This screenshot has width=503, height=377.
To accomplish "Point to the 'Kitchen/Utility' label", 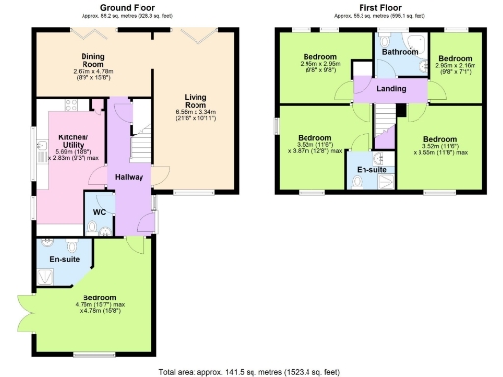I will pos(73,140).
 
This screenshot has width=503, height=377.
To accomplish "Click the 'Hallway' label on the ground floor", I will pos(129,176).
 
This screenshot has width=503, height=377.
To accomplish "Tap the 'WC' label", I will pos(100,212).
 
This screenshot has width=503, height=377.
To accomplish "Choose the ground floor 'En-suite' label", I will pos(65,258).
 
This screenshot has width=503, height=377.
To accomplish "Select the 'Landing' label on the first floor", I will pos(391,89).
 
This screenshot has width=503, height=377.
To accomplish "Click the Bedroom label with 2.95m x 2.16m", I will pos(454,58).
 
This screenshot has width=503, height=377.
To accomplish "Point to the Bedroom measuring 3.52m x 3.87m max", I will pos(314,138).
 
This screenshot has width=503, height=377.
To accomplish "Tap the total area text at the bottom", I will pos(251,370).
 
